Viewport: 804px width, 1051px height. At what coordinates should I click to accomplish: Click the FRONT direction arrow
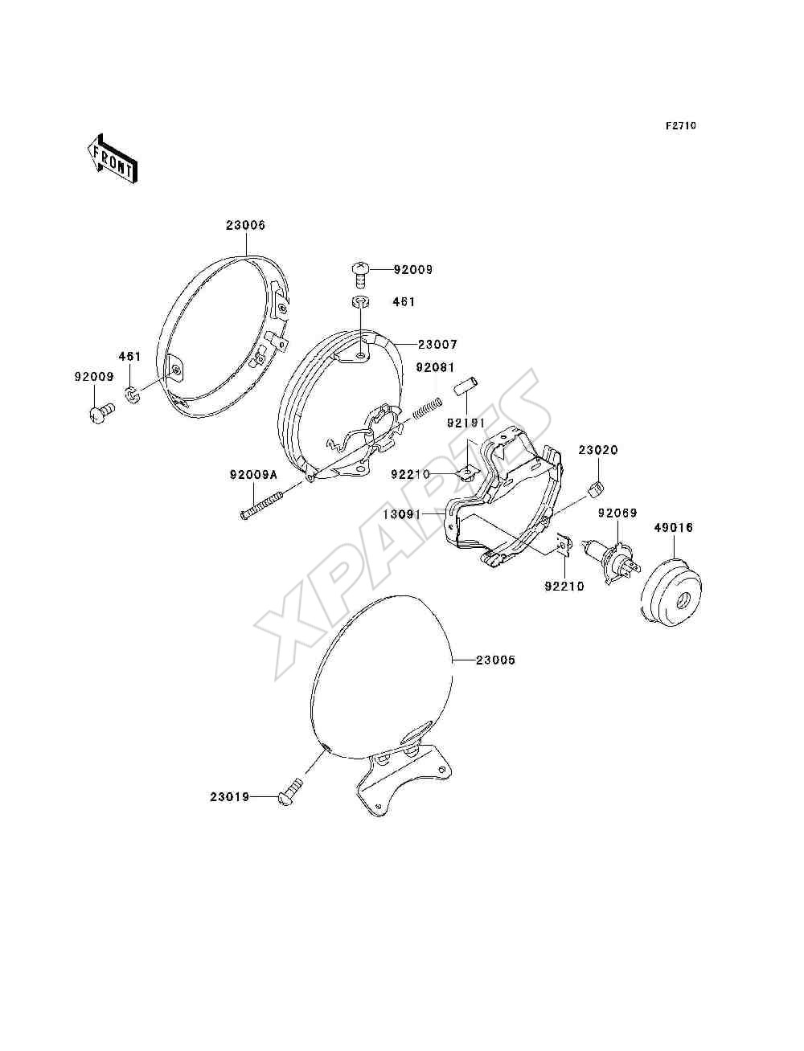click(112, 158)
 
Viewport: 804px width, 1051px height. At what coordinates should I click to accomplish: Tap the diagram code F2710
click(680, 126)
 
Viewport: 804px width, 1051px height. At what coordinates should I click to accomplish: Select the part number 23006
click(246, 225)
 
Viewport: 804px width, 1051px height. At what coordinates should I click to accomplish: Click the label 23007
click(438, 344)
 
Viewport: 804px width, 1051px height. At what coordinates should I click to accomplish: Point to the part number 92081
click(435, 367)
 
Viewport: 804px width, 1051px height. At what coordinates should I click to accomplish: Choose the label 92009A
click(253, 475)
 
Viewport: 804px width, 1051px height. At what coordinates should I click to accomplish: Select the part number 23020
click(598, 450)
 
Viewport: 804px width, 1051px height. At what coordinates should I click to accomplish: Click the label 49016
click(674, 528)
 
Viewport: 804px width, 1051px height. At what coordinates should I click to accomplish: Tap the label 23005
click(496, 660)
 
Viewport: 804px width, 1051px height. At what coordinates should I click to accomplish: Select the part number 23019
click(229, 797)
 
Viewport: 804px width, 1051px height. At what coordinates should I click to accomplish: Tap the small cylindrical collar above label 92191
click(466, 385)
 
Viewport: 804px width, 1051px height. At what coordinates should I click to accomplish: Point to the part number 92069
click(617, 513)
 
